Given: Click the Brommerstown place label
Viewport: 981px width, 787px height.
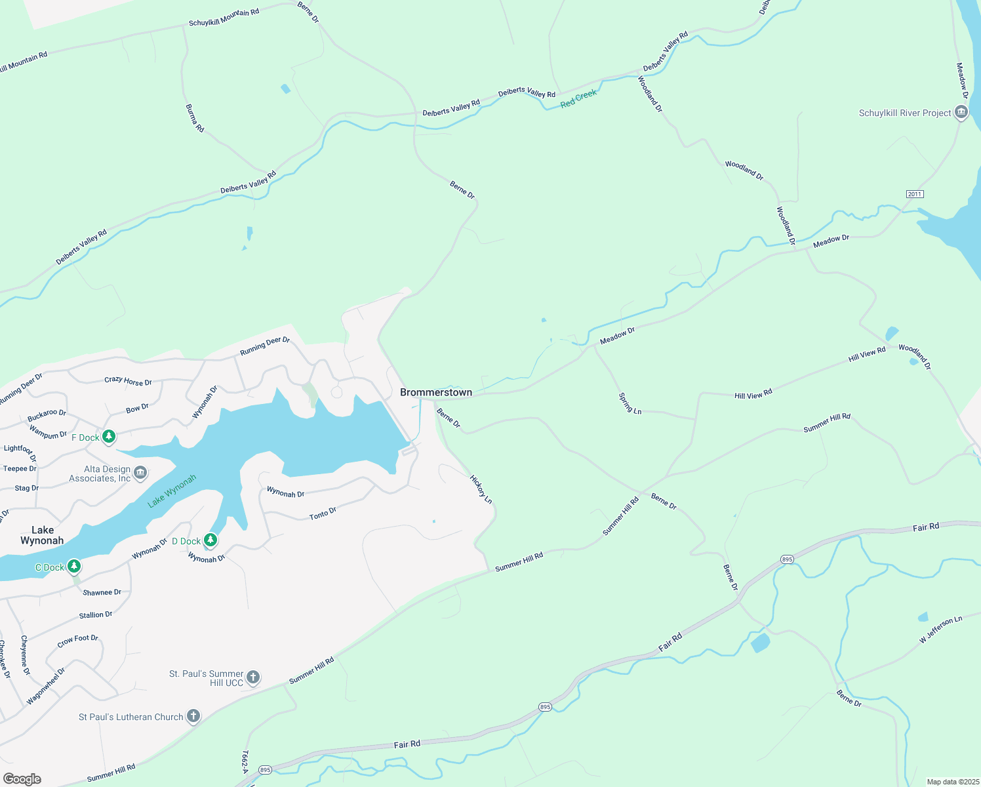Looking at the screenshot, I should pyautogui.click(x=436, y=392).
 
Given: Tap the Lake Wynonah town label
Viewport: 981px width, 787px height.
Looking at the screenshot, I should pyautogui.click(x=42, y=535).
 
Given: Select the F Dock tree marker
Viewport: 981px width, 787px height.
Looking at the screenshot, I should pyautogui.click(x=109, y=437).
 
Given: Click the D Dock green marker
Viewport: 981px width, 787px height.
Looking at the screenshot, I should pyautogui.click(x=210, y=540).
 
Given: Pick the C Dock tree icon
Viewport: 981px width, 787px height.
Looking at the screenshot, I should pyautogui.click(x=74, y=566).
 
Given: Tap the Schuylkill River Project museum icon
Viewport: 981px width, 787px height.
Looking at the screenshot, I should pyautogui.click(x=961, y=113).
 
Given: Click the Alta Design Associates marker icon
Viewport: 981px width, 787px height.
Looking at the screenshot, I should pyautogui.click(x=140, y=473).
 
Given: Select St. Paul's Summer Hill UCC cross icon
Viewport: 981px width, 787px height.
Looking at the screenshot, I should pyautogui.click(x=253, y=677).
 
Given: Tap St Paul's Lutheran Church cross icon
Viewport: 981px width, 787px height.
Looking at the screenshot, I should pyautogui.click(x=193, y=716).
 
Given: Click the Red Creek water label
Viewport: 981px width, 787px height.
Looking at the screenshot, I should pyautogui.click(x=578, y=99).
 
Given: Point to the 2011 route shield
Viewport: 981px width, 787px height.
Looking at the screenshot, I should pyautogui.click(x=915, y=194).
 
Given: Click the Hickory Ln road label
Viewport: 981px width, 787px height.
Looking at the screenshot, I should pyautogui.click(x=481, y=489).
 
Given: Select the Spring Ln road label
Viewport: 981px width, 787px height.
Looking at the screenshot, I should pyautogui.click(x=630, y=403).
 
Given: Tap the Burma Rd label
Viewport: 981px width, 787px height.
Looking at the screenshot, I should pyautogui.click(x=195, y=118).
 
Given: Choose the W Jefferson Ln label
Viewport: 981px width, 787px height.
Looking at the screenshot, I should pyautogui.click(x=940, y=630).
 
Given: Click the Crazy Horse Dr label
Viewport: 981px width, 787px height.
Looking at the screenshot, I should pyautogui.click(x=128, y=381).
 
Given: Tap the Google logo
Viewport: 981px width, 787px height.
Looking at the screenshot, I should pyautogui.click(x=22, y=778).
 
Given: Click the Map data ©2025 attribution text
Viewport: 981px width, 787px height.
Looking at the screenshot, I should pyautogui.click(x=953, y=782).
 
